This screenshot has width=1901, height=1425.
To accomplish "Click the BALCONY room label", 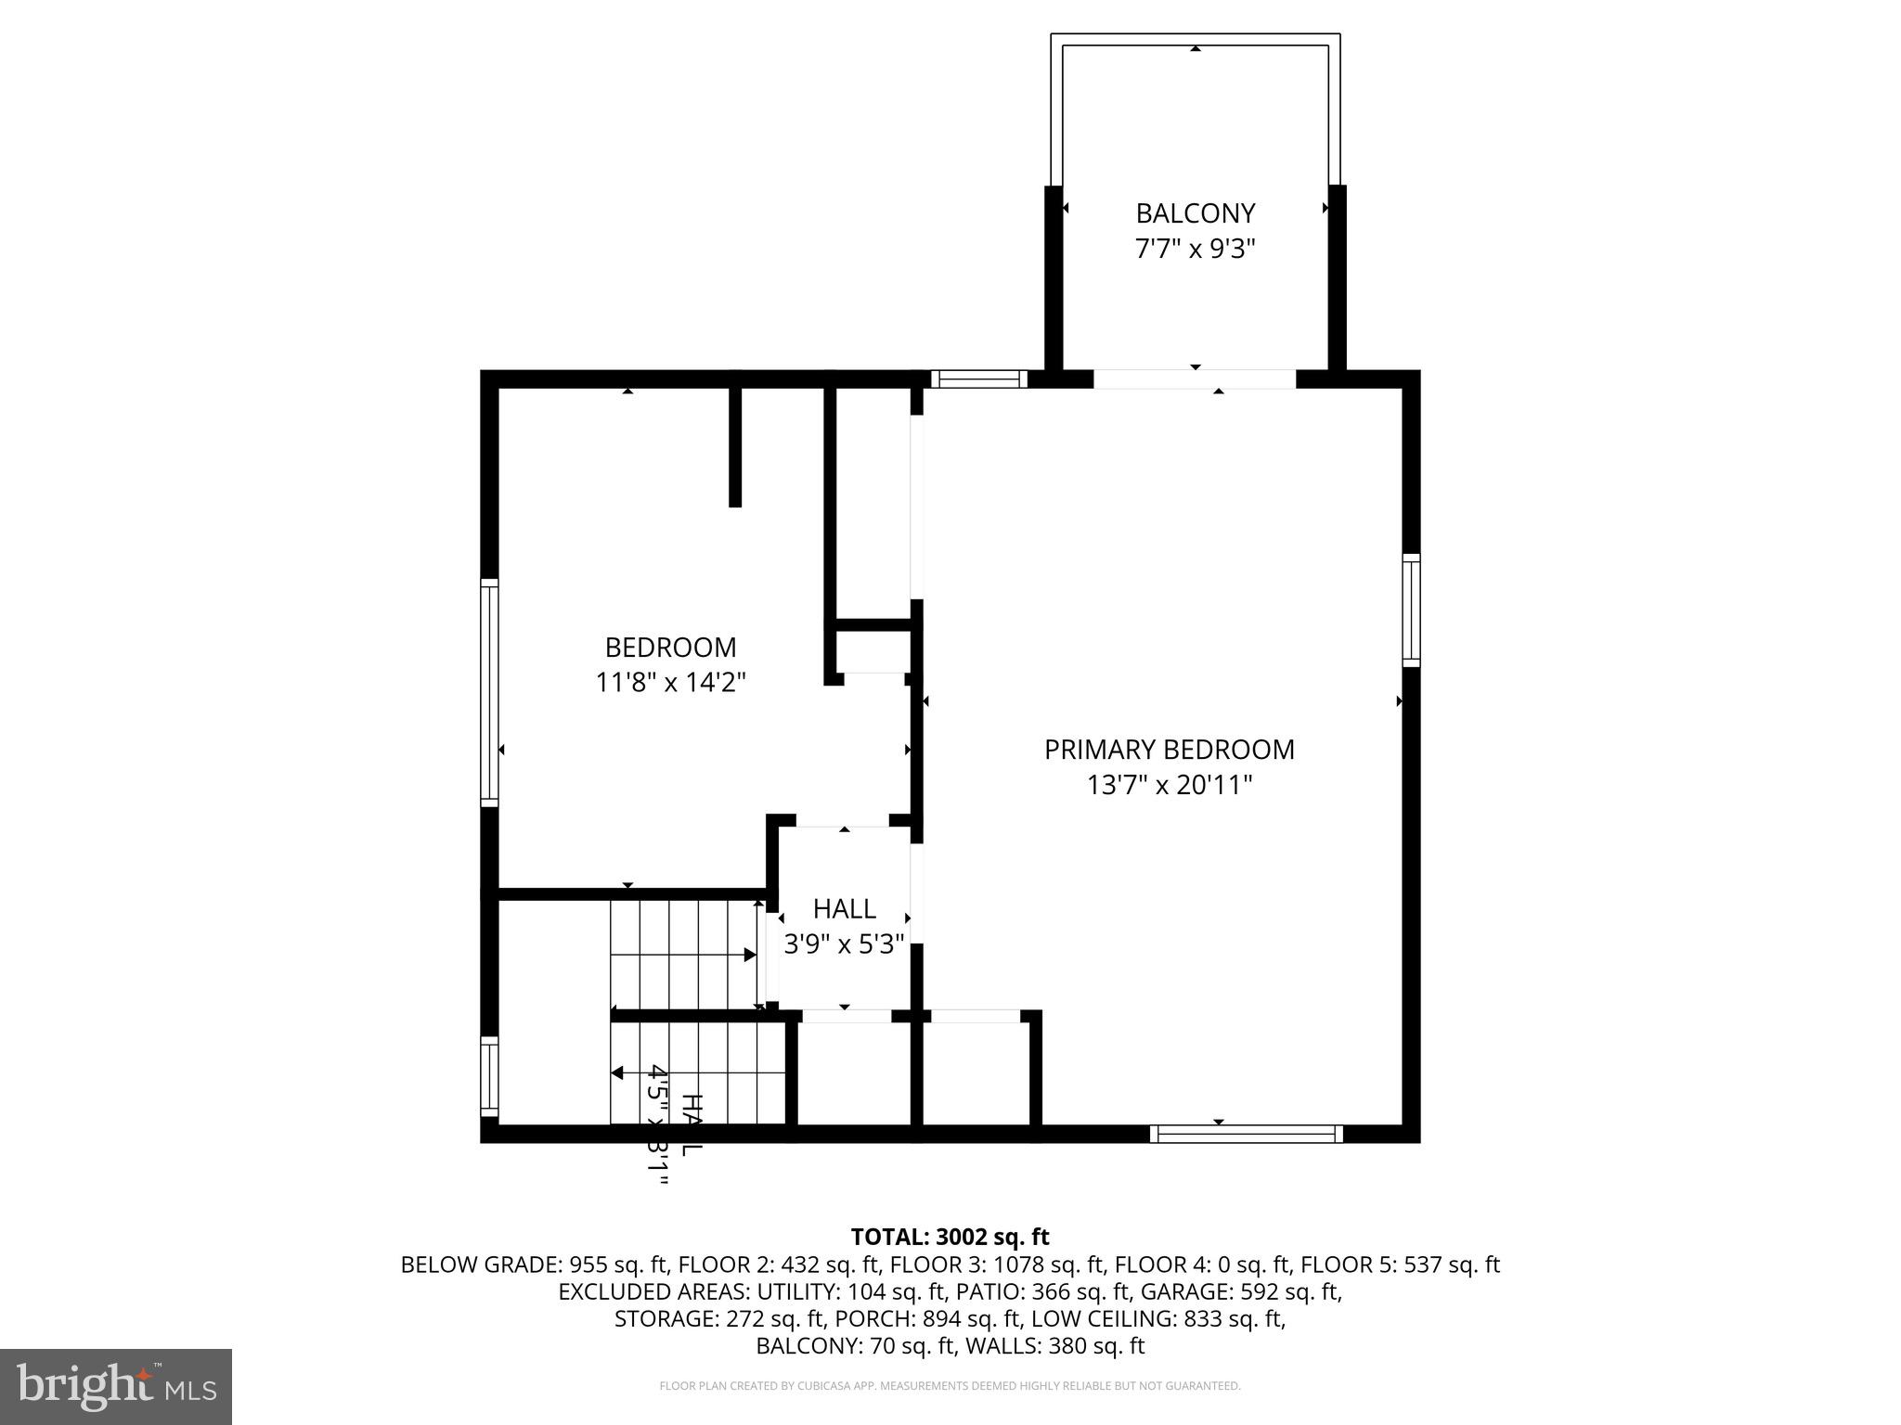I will pyautogui.click(x=1195, y=213).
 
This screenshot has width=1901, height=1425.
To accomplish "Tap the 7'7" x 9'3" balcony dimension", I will pyautogui.click(x=1195, y=250).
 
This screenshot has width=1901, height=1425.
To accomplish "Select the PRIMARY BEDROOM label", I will pyautogui.click(x=1169, y=750).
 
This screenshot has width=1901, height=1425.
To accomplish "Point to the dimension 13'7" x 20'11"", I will pyautogui.click(x=1169, y=786).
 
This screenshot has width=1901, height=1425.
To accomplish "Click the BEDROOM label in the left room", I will pyautogui.click(x=670, y=648).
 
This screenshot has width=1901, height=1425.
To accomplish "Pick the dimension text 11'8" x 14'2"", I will pyautogui.click(x=670, y=683).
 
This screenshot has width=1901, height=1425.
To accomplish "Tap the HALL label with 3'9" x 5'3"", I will pyautogui.click(x=844, y=908).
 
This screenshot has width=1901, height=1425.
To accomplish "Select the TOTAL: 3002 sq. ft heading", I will pyautogui.click(x=950, y=1237).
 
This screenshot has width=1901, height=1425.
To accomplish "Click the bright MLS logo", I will pyautogui.click(x=115, y=1386).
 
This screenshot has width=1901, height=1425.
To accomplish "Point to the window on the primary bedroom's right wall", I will pyautogui.click(x=1410, y=610).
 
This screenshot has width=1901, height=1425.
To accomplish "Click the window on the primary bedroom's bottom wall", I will pyautogui.click(x=1246, y=1133).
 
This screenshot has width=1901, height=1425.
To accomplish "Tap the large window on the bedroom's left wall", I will pyautogui.click(x=489, y=691).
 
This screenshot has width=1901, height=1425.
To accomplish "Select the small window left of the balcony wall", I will pyautogui.click(x=978, y=379).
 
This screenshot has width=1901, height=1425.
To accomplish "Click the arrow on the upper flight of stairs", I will pyautogui.click(x=748, y=955).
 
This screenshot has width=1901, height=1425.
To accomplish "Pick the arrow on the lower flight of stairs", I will pyautogui.click(x=618, y=1073).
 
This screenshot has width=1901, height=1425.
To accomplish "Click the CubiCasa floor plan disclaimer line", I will pyautogui.click(x=950, y=1386).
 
